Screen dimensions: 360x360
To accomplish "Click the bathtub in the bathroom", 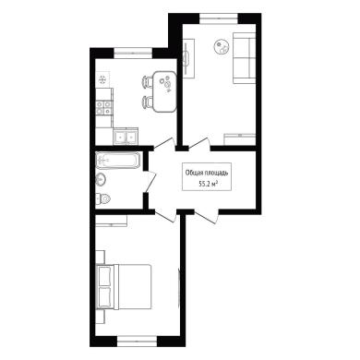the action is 118,161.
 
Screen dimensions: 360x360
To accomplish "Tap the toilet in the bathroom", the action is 103,199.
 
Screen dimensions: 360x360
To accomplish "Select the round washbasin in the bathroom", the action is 101,179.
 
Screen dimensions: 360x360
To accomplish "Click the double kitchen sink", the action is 126,136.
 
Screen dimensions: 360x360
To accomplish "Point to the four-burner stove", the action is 103,108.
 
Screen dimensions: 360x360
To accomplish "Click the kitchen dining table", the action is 165,91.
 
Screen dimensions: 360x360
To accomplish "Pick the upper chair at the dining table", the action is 148,82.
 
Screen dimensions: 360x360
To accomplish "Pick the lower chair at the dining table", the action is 148,102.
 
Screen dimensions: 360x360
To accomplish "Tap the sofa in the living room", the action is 245,58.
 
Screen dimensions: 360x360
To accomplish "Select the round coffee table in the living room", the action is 222,47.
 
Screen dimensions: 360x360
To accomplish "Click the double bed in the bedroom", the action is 124,286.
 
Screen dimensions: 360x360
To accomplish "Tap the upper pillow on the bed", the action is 104,276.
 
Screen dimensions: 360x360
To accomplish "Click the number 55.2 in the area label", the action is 206,184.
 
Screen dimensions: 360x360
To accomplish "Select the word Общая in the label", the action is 194,174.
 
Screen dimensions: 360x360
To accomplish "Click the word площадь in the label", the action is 216,174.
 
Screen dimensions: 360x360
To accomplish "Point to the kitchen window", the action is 133,53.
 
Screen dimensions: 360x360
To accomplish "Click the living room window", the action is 219,18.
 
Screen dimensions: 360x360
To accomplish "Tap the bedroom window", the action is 138,341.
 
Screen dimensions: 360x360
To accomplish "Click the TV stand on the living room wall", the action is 188,58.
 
